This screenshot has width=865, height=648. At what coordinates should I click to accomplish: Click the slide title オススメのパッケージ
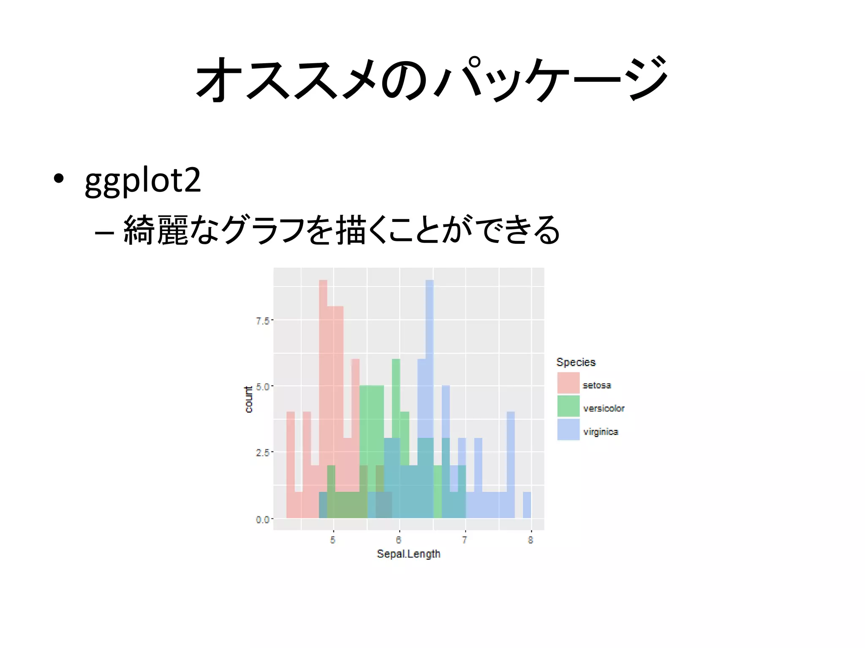(432, 79)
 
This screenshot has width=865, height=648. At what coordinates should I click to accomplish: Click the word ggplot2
(143, 181)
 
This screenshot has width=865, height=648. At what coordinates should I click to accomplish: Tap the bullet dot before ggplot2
(59, 178)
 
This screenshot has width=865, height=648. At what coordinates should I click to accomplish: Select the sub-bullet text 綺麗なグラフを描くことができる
(341, 230)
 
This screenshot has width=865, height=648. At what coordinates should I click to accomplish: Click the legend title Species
(576, 362)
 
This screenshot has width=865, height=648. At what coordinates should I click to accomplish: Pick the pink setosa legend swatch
(568, 383)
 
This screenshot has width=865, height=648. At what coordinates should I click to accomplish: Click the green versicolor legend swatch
(568, 406)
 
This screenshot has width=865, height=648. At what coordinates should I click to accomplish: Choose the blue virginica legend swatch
(568, 429)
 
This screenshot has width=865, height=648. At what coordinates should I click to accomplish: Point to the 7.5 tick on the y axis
(262, 321)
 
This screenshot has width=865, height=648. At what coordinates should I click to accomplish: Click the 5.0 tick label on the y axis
(262, 387)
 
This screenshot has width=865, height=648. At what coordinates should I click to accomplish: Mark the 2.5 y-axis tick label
(262, 453)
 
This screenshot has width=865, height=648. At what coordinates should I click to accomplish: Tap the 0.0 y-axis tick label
(262, 519)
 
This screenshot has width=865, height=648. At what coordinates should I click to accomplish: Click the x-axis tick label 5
(333, 540)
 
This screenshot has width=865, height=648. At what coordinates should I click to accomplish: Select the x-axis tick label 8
(530, 540)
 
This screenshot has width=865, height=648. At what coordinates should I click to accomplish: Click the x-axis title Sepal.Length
(408, 554)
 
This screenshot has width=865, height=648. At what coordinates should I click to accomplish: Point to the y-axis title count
(249, 399)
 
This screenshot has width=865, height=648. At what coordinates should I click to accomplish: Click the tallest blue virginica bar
(430, 359)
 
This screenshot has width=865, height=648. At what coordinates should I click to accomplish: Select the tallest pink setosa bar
(323, 380)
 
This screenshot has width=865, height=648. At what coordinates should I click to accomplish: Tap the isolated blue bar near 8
(527, 505)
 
